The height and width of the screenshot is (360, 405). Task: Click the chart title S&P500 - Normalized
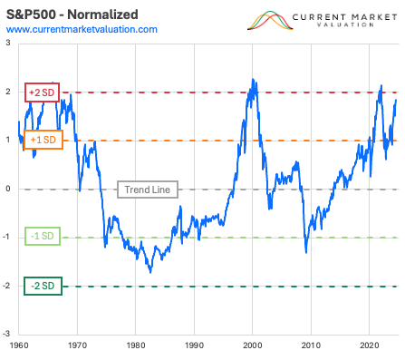pyautogui.click(x=72, y=15)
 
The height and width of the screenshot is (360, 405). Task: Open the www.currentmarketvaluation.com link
pyautogui.click(x=82, y=30)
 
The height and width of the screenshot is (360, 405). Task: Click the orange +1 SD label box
pyautogui.click(x=43, y=141)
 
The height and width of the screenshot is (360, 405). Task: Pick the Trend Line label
pyautogui.click(x=149, y=190)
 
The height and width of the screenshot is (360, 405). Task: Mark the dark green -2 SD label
pyautogui.click(x=42, y=287)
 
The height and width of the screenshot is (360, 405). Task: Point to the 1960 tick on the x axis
pyautogui.click(x=19, y=346)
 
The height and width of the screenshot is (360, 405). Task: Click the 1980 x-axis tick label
pyautogui.click(x=135, y=346)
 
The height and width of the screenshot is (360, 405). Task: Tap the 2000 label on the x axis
pyautogui.click(x=252, y=346)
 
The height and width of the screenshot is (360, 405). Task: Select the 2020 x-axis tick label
pyautogui.click(x=369, y=346)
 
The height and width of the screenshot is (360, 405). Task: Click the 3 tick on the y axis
pyautogui.click(x=8, y=44)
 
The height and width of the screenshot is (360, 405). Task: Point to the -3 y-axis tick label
pyautogui.click(x=7, y=335)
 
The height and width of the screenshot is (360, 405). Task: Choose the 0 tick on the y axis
pyautogui.click(x=8, y=190)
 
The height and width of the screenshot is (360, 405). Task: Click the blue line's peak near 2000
pyautogui.click(x=251, y=79)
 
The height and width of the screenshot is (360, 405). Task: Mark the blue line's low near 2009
pyautogui.click(x=306, y=251)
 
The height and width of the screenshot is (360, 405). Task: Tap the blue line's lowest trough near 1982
pyautogui.click(x=150, y=271)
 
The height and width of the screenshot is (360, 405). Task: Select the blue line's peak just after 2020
pyautogui.click(x=381, y=86)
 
